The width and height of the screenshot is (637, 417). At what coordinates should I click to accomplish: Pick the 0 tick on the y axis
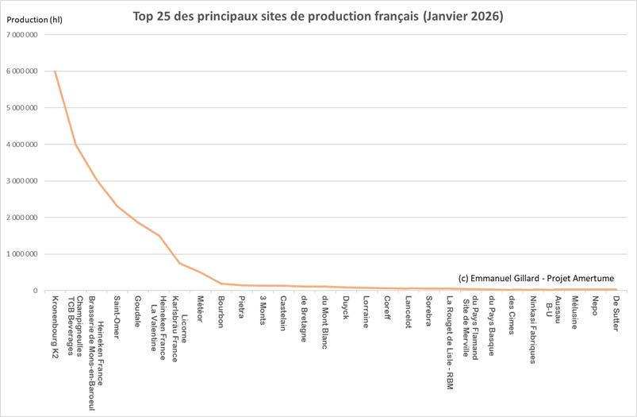click(36, 291)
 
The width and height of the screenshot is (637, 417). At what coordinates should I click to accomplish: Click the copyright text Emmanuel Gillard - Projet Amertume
click(536, 277)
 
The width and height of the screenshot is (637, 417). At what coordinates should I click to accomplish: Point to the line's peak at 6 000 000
click(55, 71)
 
